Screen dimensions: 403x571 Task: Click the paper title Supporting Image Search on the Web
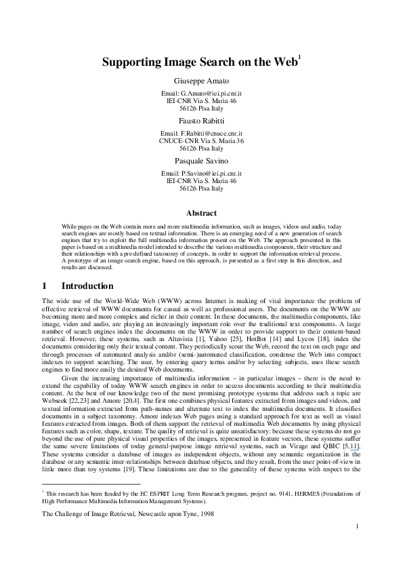199,63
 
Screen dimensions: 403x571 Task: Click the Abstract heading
201,213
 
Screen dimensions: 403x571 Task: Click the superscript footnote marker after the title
299,58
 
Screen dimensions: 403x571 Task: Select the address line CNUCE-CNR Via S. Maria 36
201,141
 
